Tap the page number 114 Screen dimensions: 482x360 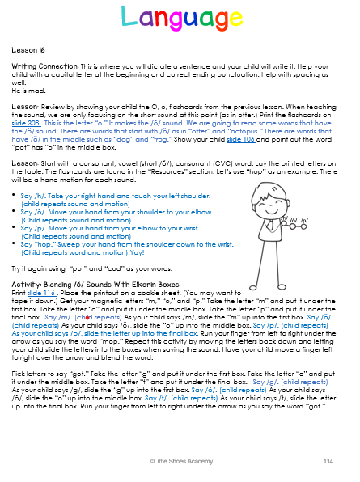coord(328,460)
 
